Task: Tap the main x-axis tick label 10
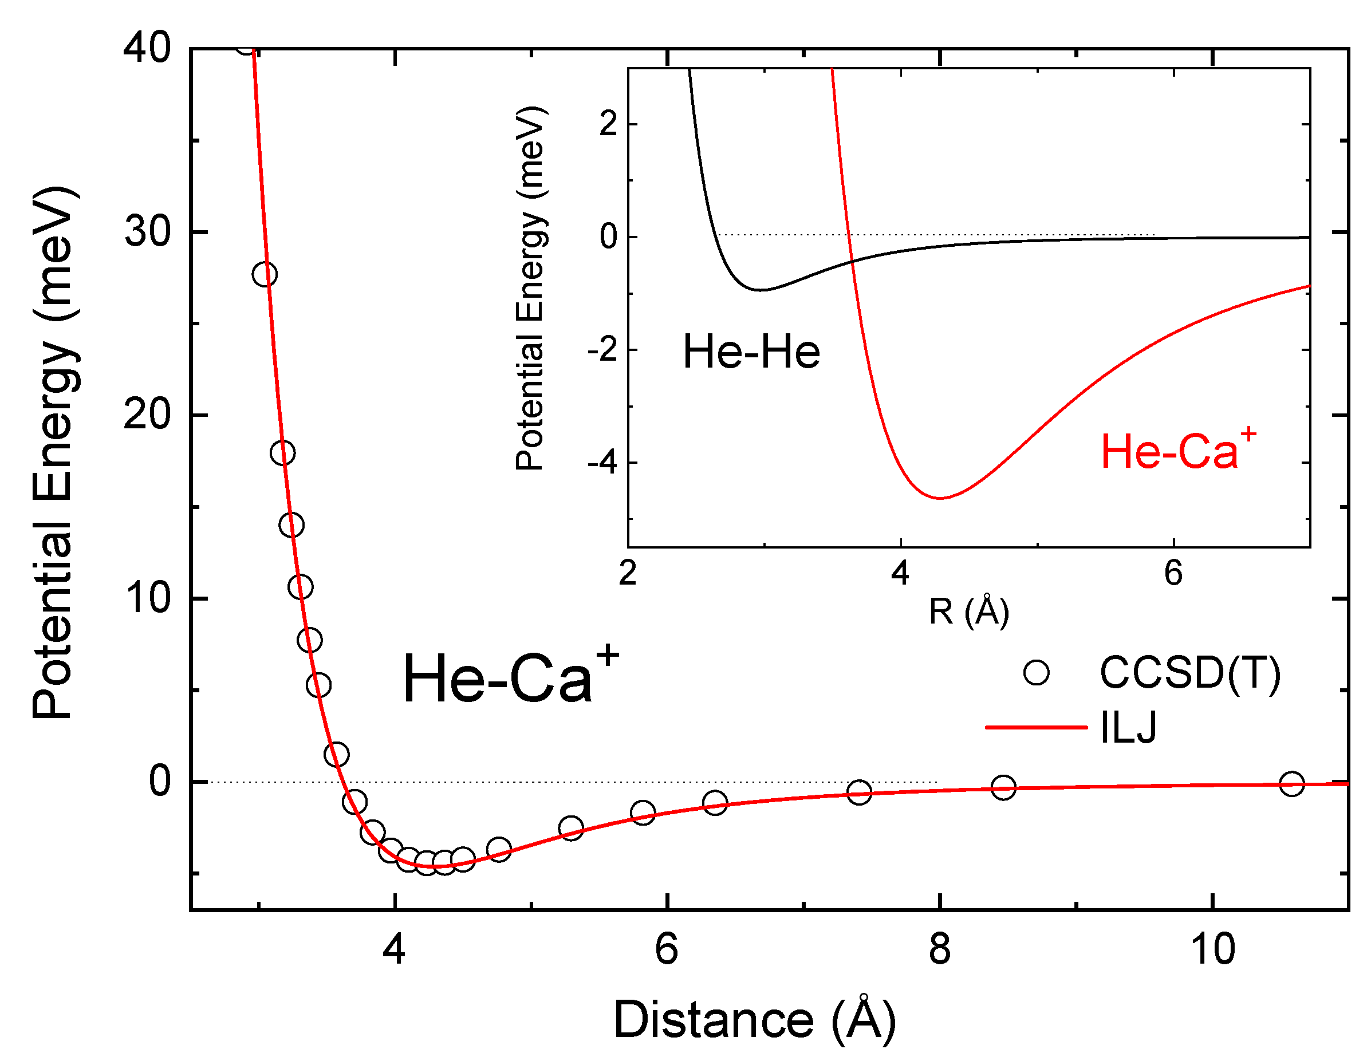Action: click(1212, 949)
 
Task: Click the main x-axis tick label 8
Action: click(939, 949)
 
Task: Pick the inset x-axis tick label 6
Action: click(1173, 573)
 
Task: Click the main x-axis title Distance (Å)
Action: click(754, 1020)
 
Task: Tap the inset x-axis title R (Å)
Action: click(968, 612)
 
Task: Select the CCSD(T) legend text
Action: click(1189, 673)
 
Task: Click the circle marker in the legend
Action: click(1036, 672)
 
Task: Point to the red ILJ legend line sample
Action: click(1036, 727)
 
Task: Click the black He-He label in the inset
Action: click(751, 352)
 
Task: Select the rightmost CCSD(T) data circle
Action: click(1292, 783)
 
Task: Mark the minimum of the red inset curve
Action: click(940, 498)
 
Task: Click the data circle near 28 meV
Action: click(264, 274)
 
